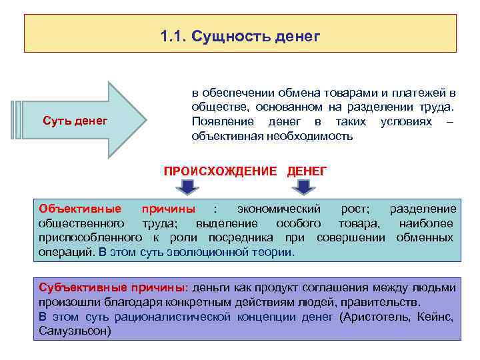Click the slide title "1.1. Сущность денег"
(x=240, y=35)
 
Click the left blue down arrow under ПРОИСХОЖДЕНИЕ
(x=189, y=186)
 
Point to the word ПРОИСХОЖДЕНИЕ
(x=220, y=171)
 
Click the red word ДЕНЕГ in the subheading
(x=307, y=171)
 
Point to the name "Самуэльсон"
(x=75, y=331)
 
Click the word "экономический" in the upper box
(x=280, y=209)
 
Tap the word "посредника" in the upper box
(x=238, y=238)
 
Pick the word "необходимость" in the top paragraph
(x=313, y=137)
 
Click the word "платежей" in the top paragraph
(x=422, y=93)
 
